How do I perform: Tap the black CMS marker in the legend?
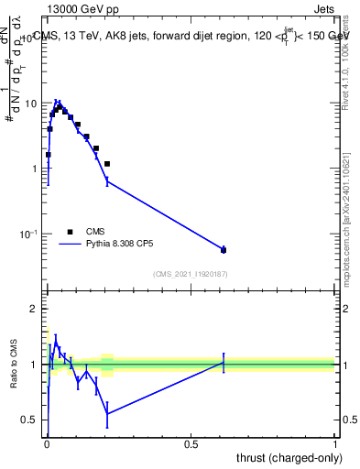point(70,232)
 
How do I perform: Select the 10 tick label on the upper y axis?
point(31,104)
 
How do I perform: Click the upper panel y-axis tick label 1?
point(34,169)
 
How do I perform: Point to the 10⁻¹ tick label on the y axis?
point(29,234)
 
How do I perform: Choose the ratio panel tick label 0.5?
point(29,420)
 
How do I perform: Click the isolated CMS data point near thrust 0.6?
point(224,250)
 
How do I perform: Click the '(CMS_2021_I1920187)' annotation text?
point(190,275)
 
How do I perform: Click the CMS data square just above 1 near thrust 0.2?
point(107,164)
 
